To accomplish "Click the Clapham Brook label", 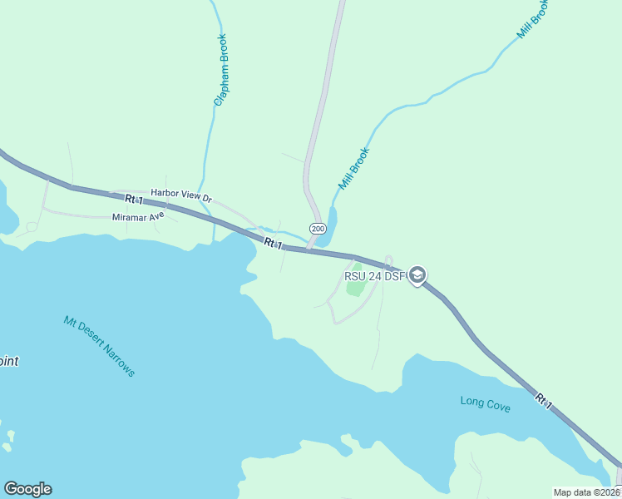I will coord(220,69).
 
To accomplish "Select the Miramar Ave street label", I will coord(138,217).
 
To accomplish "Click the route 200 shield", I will coord(317,228).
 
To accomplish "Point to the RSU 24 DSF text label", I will coord(374,276).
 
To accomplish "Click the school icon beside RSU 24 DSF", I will coord(417,275).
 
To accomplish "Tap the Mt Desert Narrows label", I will coord(99,345).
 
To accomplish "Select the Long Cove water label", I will coord(486,404).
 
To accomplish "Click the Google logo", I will coord(27,489).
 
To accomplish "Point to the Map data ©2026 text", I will coord(586,492).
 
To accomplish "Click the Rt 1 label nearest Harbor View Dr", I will coord(134,200).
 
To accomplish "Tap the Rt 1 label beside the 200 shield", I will coord(274,244).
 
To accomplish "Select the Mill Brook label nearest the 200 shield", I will coord(353,169).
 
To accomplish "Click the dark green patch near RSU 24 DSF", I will coord(356,289).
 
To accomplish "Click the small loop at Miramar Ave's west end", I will coord(32,226).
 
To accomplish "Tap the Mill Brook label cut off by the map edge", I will coord(531,19).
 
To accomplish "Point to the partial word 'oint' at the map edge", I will coord(9,361).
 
